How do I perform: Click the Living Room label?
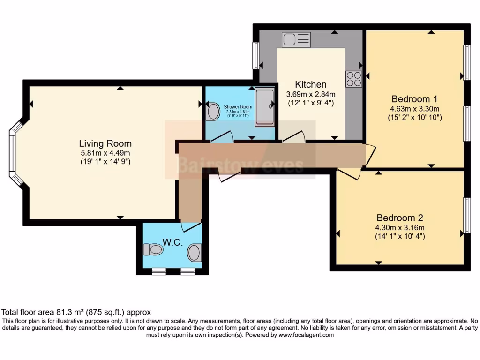click(105, 143)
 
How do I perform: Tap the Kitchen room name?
click(310, 84)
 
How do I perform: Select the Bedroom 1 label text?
click(414, 99)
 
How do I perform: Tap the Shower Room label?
click(238, 107)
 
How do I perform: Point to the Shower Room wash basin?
click(213, 112)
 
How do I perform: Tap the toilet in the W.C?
click(152, 249)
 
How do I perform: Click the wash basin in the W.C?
click(195, 253)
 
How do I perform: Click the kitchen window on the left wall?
click(256, 55)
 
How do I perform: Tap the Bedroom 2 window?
click(466, 215)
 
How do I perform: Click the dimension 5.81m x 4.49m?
click(105, 153)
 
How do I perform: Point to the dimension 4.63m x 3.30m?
click(414, 108)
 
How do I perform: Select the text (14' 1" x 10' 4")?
click(400, 237)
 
